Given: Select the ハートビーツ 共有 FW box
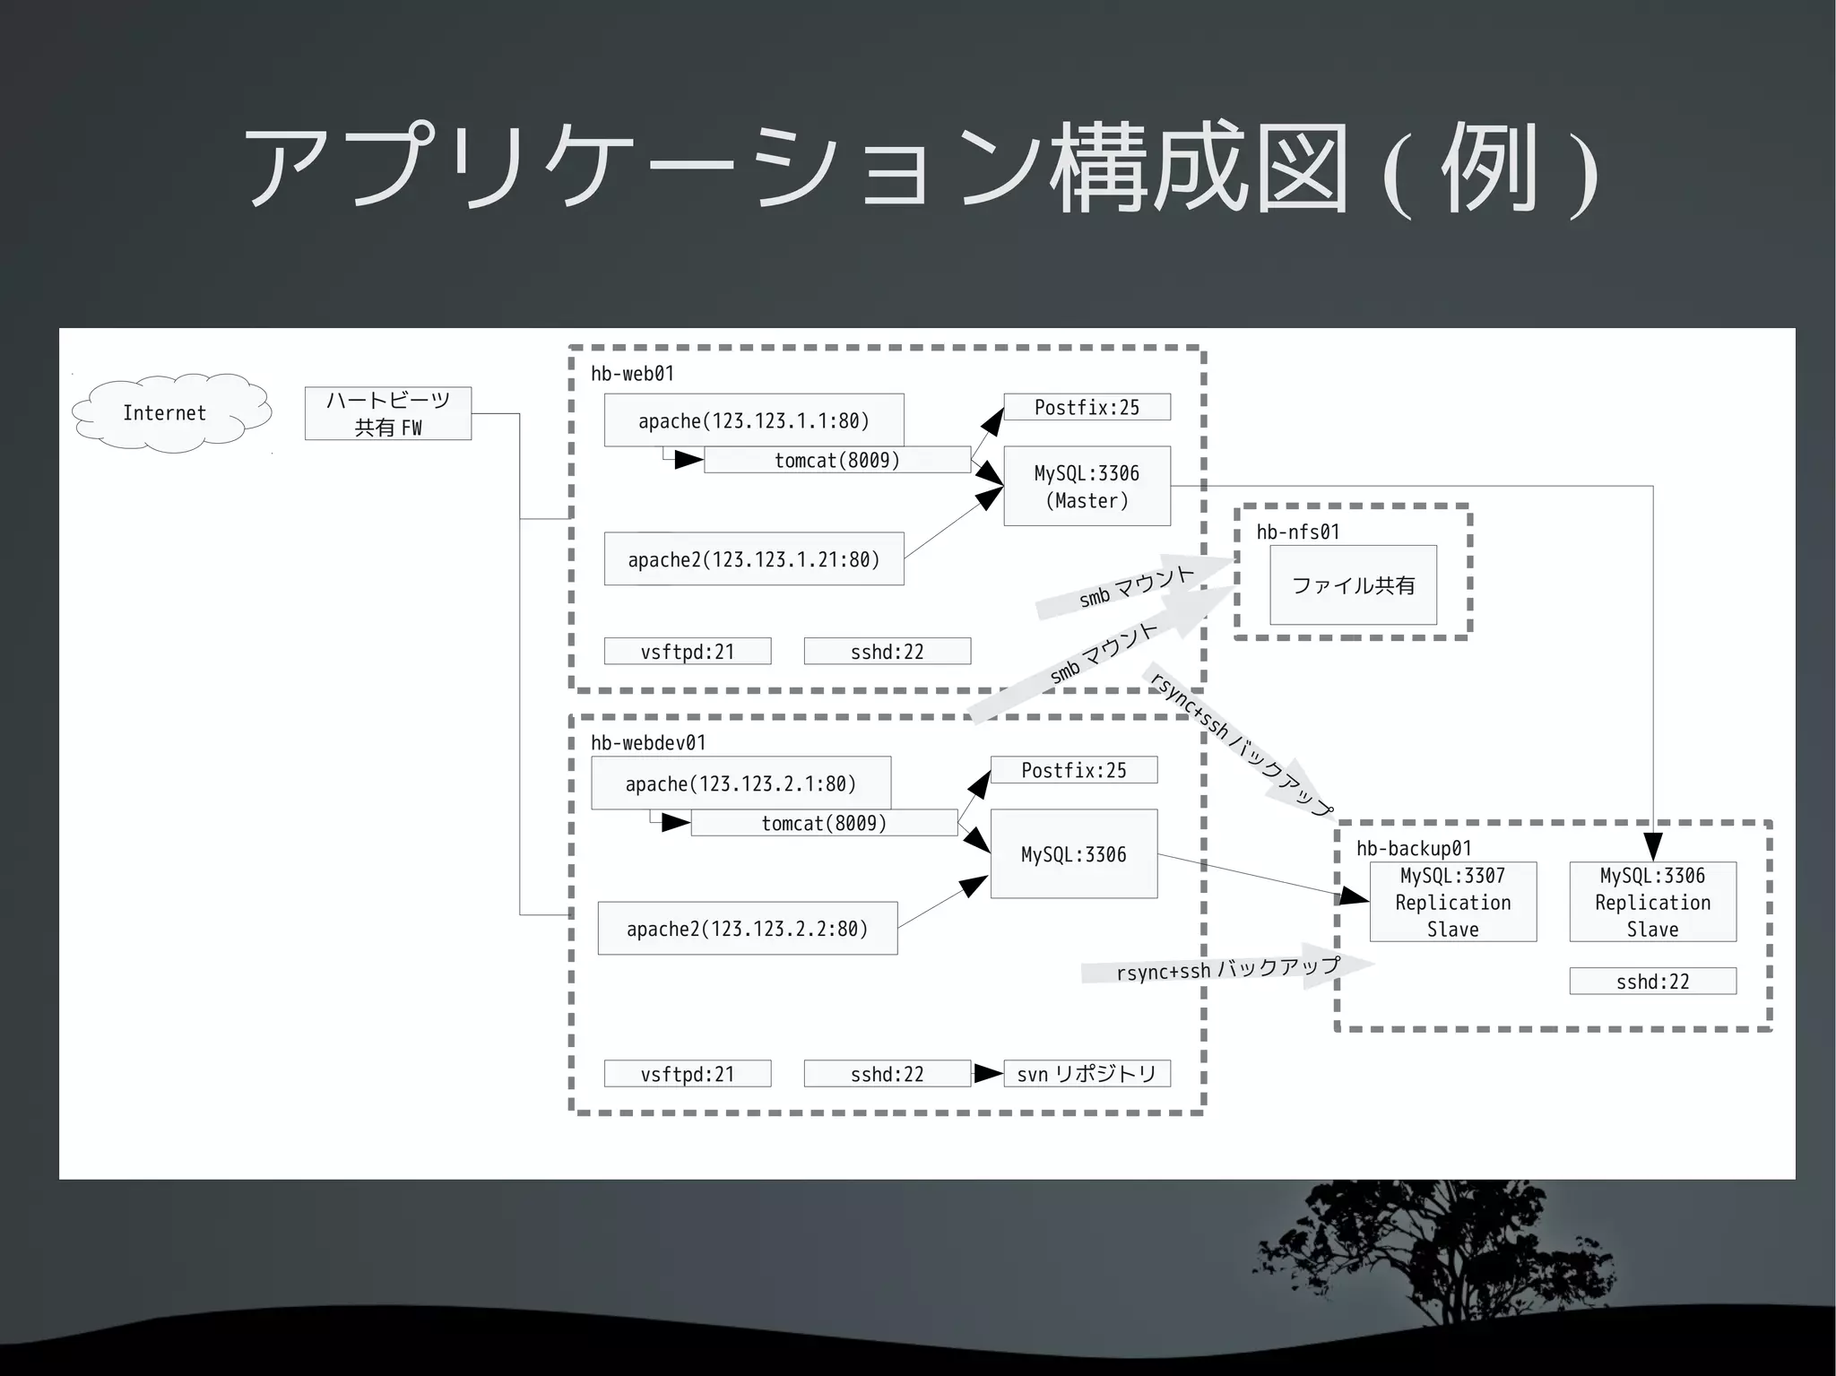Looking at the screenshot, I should click(387, 413).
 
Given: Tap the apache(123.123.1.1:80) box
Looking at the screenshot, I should click(753, 420).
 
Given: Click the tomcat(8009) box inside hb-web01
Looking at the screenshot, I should click(836, 460).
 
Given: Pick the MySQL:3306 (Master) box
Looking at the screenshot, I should click(1087, 486).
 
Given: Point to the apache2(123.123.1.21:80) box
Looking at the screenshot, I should click(753, 558).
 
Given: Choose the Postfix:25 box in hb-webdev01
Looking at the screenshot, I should click(1073, 770).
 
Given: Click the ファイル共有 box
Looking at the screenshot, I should click(1353, 584).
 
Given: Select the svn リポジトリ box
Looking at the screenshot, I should click(1087, 1073).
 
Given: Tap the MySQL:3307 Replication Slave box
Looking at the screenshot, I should click(1452, 902).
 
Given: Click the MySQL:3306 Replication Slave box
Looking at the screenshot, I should click(1652, 902).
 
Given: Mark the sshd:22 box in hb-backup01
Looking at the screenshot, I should click(1652, 981).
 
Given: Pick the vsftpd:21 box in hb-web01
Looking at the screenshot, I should click(687, 651).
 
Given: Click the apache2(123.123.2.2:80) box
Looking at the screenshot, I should click(747, 928).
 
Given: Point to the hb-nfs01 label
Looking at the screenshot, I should click(1297, 532).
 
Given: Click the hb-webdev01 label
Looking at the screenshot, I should click(647, 742).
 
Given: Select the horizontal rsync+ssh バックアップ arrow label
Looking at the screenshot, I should click(1227, 969).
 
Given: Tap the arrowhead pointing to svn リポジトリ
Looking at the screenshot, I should click(988, 1073).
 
